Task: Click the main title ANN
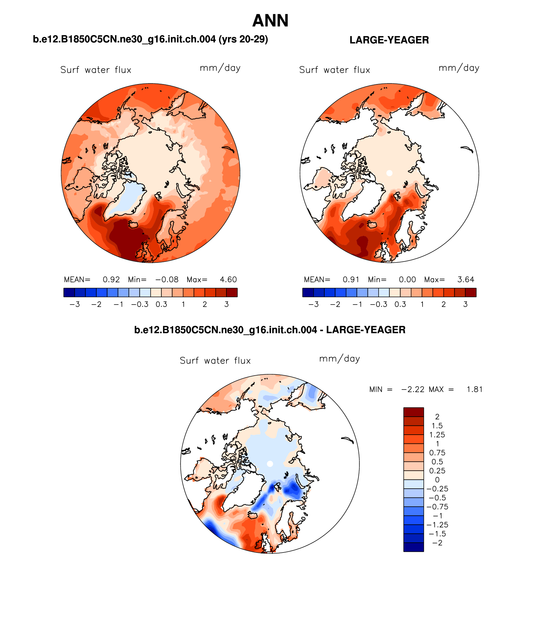point(270,21)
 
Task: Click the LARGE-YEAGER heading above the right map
point(389,40)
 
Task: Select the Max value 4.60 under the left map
point(228,280)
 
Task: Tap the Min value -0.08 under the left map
point(167,280)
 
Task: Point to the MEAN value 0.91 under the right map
point(351,280)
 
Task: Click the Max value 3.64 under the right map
point(465,280)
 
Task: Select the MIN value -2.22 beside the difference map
point(413,390)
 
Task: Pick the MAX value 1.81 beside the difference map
point(474,390)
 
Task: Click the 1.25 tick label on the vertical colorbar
point(437,435)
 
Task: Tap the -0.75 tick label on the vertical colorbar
point(437,507)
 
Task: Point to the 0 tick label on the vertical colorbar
point(437,480)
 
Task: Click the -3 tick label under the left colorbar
point(75,304)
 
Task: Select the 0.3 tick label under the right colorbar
point(400,304)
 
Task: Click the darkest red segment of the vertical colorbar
point(413,412)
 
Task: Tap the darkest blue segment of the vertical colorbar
point(413,547)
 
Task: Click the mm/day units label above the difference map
point(339,359)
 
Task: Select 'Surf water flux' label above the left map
point(96,70)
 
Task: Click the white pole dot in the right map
point(389,173)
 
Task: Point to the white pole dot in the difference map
point(270,464)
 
